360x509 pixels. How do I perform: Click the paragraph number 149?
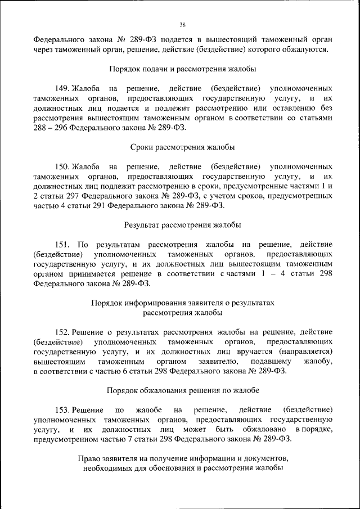coord(62,89)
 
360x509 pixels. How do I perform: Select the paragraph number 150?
coord(62,167)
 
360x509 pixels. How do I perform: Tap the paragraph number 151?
coord(62,245)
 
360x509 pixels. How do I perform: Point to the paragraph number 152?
coord(62,331)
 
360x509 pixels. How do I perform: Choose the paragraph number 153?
coord(62,409)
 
